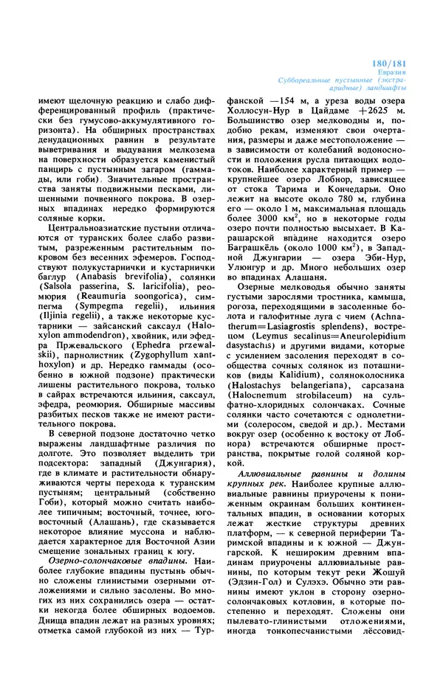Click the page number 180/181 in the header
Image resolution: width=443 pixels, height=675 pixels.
coord(404,64)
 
